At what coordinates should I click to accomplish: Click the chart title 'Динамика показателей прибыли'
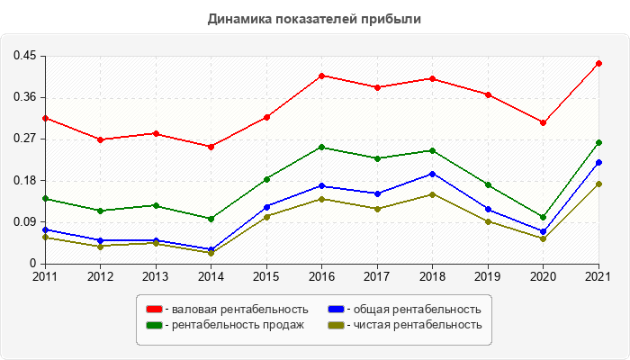tap(314, 18)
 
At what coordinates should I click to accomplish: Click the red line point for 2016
tap(322, 76)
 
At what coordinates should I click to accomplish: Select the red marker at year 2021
tap(598, 63)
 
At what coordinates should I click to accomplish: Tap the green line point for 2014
tap(211, 219)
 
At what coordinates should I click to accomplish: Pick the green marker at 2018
tap(433, 150)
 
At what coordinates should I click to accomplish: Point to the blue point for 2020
tap(544, 231)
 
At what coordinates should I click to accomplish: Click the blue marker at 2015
tap(267, 207)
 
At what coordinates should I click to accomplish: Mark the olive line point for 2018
tap(433, 194)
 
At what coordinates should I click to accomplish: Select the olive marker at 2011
tap(45, 238)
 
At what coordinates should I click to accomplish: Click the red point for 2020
tap(544, 122)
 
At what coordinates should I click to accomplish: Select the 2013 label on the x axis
tap(156, 275)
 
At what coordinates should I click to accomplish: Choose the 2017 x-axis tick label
tap(377, 275)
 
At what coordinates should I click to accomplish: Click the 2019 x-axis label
tap(488, 275)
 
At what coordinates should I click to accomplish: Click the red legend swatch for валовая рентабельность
tap(155, 310)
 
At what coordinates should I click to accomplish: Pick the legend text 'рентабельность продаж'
tap(238, 325)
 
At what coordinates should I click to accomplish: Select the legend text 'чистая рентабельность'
tap(418, 325)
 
